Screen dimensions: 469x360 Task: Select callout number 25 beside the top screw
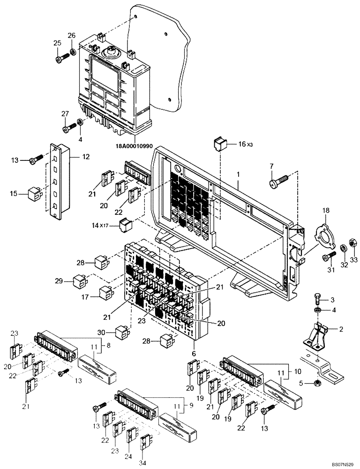57,44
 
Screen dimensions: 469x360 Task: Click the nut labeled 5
318,383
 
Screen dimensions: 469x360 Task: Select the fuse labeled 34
145,440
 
